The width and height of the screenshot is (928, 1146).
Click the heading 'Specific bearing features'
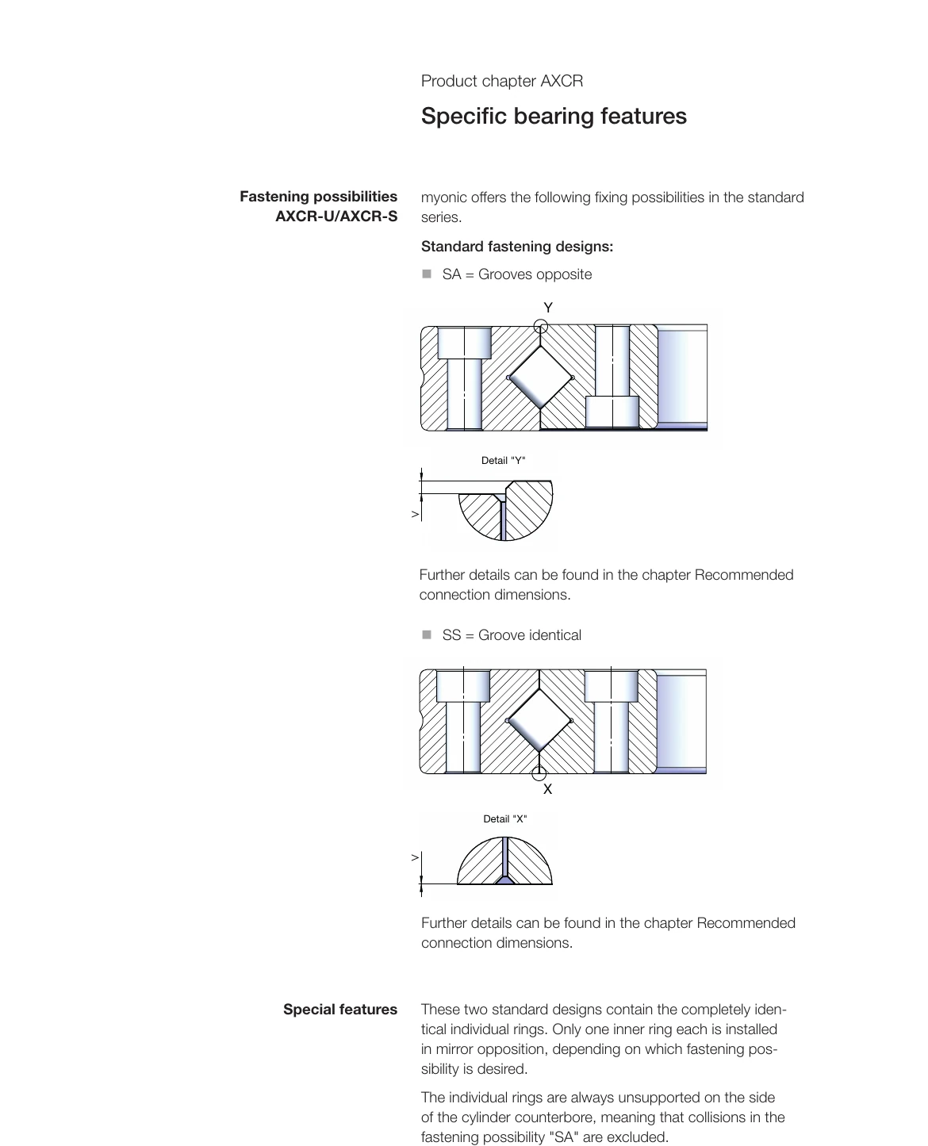point(554,116)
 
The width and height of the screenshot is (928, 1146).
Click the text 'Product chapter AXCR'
point(501,81)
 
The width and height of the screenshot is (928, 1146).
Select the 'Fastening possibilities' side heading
point(318,197)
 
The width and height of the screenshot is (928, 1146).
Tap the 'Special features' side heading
point(339,1010)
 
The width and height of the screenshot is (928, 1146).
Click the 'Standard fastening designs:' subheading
point(516,247)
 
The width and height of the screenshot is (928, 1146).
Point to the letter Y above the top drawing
point(548,307)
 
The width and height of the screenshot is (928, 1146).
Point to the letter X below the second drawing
point(547,789)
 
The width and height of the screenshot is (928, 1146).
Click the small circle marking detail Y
point(541,325)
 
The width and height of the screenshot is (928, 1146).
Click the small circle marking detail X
point(539,773)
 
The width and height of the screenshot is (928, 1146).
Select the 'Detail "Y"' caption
point(503,461)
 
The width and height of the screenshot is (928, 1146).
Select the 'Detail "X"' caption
point(504,819)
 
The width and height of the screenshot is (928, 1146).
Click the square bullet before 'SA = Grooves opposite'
point(427,274)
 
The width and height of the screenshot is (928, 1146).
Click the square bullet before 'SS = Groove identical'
point(427,634)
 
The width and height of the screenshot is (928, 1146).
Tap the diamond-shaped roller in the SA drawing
point(540,378)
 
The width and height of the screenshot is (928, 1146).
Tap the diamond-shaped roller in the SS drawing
point(539,720)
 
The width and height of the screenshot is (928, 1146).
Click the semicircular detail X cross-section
point(504,863)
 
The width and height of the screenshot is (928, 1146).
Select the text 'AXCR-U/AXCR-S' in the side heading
point(336,217)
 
